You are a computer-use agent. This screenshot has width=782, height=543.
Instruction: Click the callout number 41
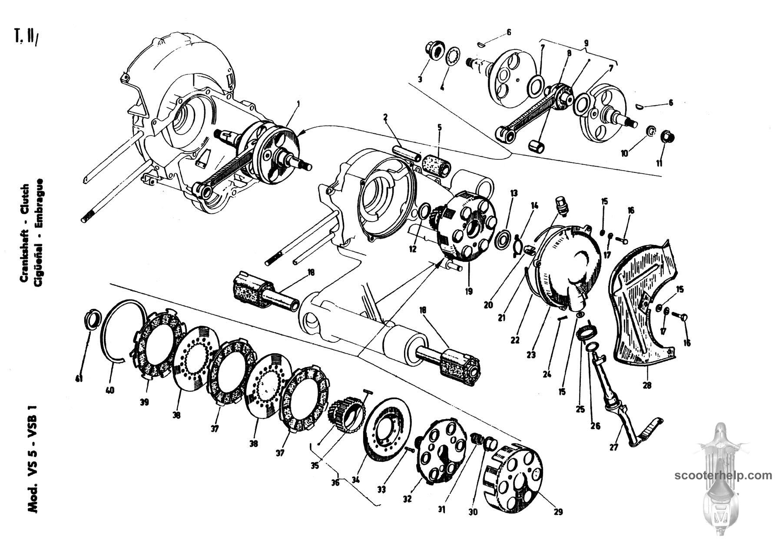pos(79,379)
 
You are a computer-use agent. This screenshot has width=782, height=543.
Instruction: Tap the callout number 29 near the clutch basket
pos(558,512)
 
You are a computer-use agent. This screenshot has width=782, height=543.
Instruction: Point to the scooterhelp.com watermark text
pos(723,475)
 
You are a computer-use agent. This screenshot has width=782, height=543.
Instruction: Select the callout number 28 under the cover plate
pos(647,385)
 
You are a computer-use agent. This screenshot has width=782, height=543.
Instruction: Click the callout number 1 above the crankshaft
pos(298,104)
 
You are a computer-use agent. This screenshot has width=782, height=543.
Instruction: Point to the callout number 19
pos(468,291)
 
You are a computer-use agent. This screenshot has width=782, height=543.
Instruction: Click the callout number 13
pos(514,192)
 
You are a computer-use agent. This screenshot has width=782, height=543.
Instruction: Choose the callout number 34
pos(356,480)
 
